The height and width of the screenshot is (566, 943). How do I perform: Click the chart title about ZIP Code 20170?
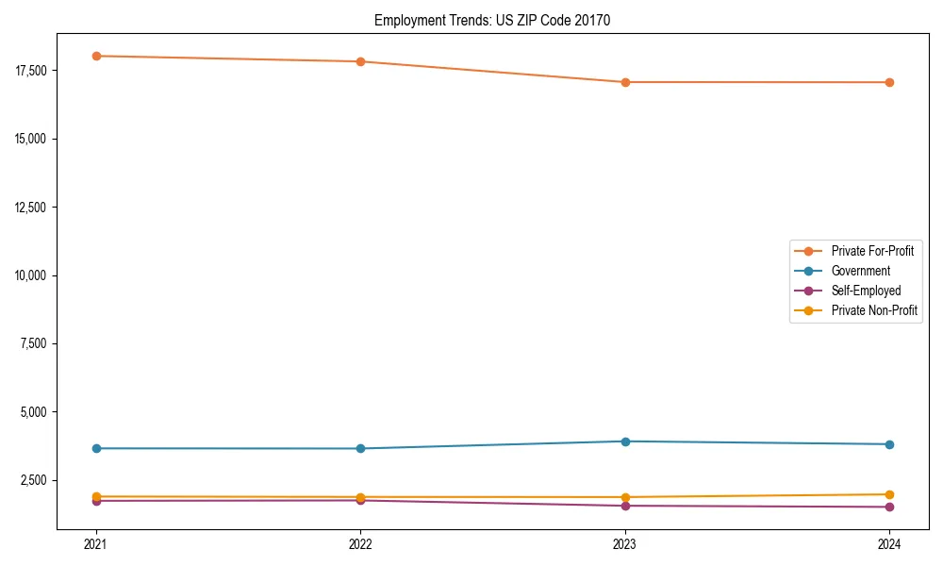tap(492, 20)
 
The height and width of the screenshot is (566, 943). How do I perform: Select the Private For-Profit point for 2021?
tap(96, 56)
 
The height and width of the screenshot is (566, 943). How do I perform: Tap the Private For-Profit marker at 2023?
tap(625, 82)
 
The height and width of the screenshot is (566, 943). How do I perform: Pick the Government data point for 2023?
tap(625, 441)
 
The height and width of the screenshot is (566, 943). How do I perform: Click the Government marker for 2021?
tap(96, 448)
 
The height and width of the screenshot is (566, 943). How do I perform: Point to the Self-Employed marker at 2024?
tap(889, 507)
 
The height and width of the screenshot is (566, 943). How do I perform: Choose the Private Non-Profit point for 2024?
tap(889, 494)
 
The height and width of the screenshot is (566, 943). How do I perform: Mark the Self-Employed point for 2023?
tap(625, 506)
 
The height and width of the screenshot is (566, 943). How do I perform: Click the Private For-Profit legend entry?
tap(871, 251)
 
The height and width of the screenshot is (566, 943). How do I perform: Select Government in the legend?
tap(860, 271)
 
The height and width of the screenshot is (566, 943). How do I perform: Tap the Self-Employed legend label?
tap(866, 291)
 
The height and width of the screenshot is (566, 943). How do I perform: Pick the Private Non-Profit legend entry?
tap(874, 310)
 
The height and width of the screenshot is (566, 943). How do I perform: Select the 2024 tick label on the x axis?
tap(889, 543)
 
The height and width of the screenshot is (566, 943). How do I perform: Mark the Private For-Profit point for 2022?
tap(360, 61)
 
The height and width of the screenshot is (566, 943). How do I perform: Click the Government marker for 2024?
tap(889, 444)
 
